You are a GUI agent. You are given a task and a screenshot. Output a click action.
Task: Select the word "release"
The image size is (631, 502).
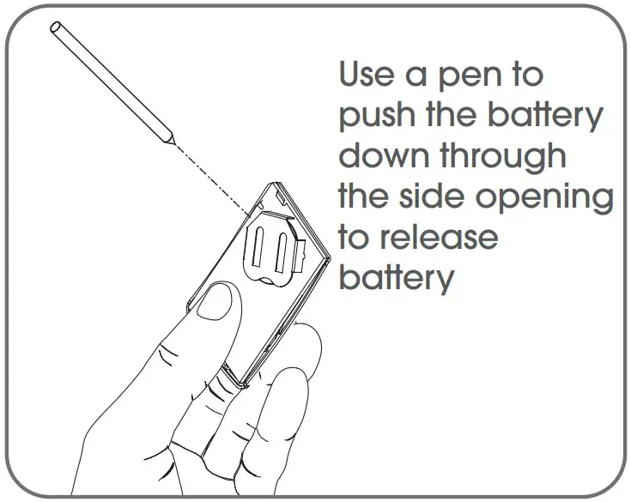(x=445, y=237)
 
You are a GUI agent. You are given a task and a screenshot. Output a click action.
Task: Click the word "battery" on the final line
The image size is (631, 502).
(x=396, y=278)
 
